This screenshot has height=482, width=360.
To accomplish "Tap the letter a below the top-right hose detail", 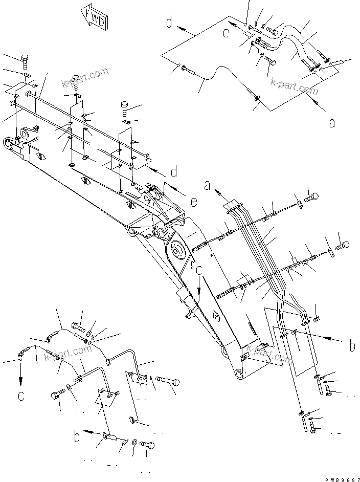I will coord(332,123).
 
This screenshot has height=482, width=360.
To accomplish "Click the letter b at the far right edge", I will coord(352,346).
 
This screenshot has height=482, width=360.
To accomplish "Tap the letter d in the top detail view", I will coord(169,22).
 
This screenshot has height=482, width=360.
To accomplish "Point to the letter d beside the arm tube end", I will coord(174,171).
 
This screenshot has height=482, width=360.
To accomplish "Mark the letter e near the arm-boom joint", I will coord(194,202).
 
